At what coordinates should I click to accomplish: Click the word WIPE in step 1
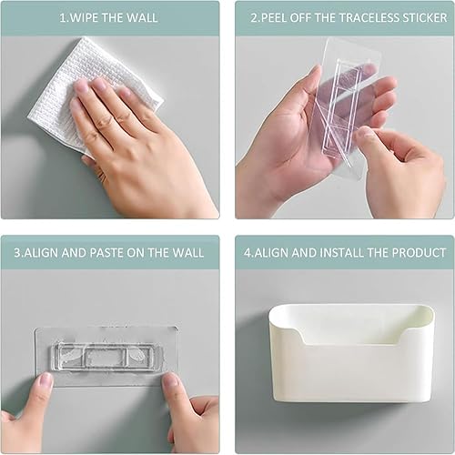[x=84, y=17]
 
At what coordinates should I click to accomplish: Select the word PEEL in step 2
[x=274, y=17]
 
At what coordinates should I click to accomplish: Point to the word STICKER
[x=425, y=17]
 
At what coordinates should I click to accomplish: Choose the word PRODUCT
[x=419, y=253]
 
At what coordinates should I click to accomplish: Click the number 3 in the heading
[x=17, y=253]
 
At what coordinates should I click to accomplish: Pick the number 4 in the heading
[x=248, y=253]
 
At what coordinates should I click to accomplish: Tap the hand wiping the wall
[x=136, y=146]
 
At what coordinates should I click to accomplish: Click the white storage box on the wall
[x=351, y=353]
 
